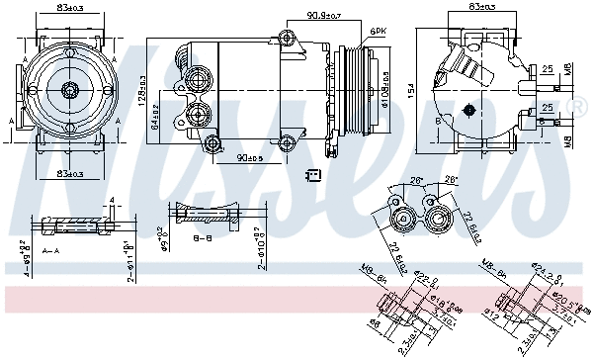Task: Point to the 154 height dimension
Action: pos(406,91)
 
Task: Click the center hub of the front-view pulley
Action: pos(70,91)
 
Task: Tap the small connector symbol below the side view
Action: pos(313,176)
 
